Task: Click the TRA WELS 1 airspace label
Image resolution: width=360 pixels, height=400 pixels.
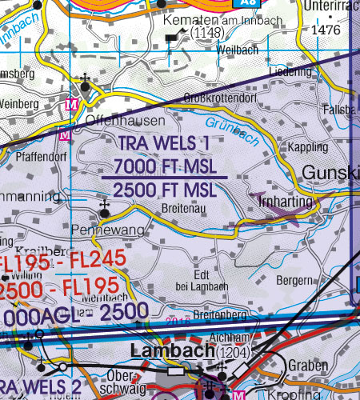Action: tap(165, 145)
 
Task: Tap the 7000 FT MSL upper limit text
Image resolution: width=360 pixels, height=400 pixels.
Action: tap(165, 167)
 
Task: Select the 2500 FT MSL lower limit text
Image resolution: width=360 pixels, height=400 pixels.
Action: tap(165, 190)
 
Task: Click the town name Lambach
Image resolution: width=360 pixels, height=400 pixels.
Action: tap(169, 350)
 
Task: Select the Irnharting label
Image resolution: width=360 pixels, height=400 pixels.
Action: tap(286, 203)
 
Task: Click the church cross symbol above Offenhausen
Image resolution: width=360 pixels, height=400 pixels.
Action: tap(85, 80)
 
